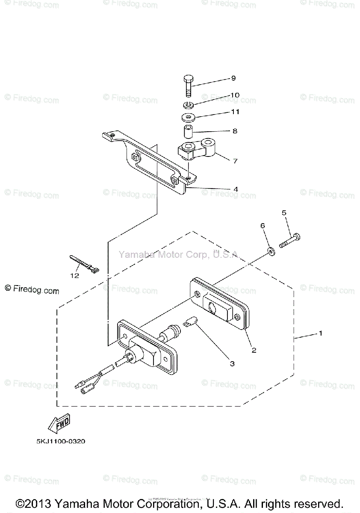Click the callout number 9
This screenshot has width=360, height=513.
pos(234,78)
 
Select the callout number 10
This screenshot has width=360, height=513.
pos(235,95)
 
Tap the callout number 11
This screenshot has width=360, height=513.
pos(235,112)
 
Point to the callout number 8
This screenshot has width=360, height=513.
pos(235,131)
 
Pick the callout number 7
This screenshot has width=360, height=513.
pos(235,161)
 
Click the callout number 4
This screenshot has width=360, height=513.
pos(236,189)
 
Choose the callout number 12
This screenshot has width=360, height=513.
pos(75,276)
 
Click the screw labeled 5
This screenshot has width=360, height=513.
pos(291,240)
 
